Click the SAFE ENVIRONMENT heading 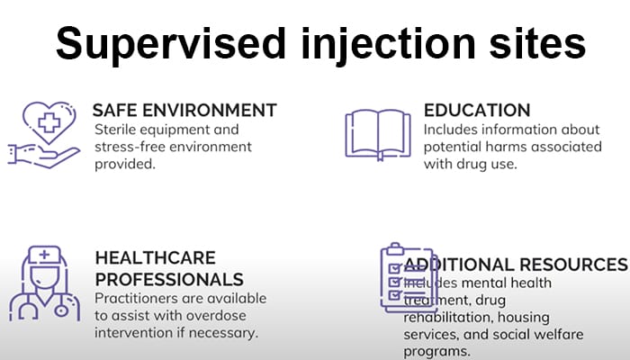[x=184, y=111]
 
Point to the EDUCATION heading [x=477, y=111]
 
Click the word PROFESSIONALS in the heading [x=169, y=279]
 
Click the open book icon [x=378, y=135]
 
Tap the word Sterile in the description [x=115, y=130]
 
